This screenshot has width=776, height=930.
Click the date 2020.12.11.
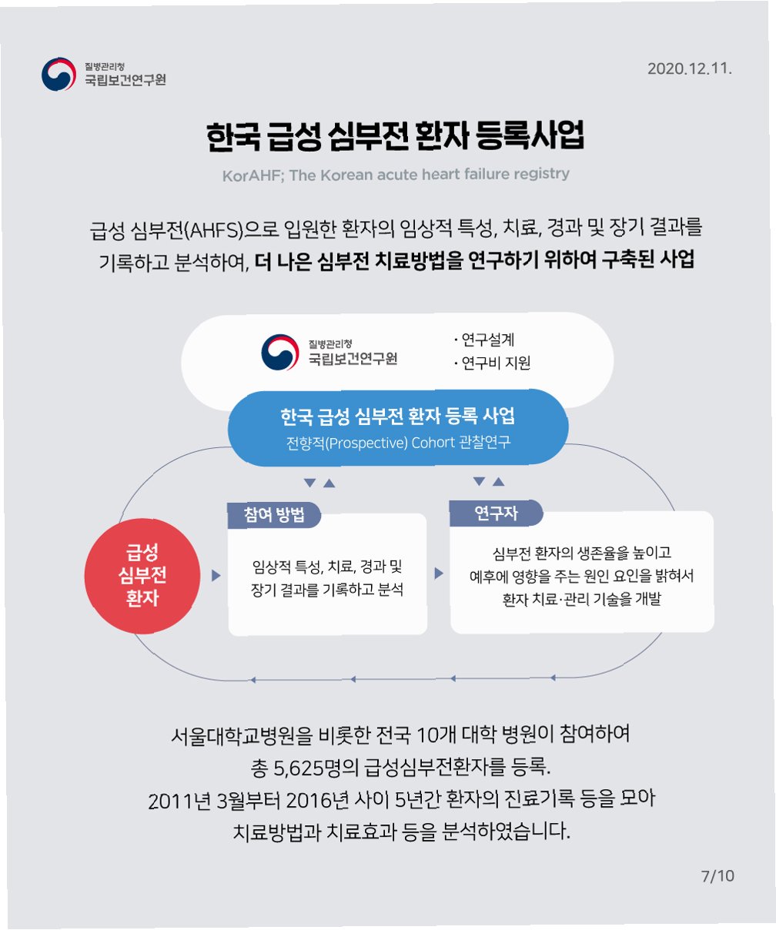(x=689, y=69)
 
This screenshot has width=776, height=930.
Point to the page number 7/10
(x=717, y=876)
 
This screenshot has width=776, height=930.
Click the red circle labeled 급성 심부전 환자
(x=142, y=575)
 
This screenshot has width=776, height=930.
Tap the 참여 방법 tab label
(x=274, y=516)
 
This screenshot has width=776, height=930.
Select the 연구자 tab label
(x=496, y=514)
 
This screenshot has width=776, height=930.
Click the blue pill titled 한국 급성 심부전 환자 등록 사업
(x=397, y=427)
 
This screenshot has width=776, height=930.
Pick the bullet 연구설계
(x=487, y=340)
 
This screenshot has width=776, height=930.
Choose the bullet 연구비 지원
(x=494, y=363)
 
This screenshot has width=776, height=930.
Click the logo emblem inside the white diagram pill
(x=279, y=352)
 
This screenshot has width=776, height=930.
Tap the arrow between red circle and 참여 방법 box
(x=216, y=575)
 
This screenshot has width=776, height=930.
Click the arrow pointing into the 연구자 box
(x=439, y=574)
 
